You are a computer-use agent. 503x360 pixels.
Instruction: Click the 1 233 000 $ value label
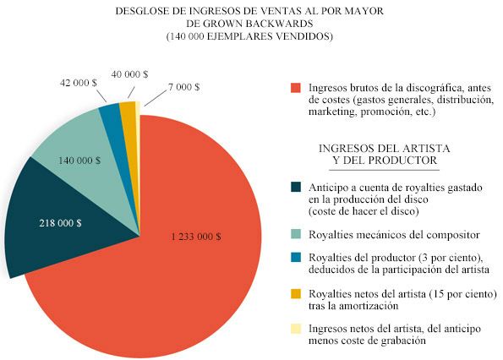coord(196,237)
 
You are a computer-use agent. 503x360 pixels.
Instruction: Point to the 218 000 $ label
coord(60,223)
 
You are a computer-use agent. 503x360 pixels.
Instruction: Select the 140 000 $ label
coord(79,161)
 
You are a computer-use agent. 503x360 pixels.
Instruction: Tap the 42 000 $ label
coord(79,83)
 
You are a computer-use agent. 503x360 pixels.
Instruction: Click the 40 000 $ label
coord(129,74)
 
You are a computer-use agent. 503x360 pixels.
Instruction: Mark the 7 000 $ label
coord(183,87)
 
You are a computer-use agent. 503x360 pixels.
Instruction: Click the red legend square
coord(296,88)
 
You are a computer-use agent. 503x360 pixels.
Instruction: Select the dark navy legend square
coord(296,188)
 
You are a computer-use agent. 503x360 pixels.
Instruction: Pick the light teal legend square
coord(296,234)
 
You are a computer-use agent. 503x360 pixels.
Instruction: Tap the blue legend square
coord(296,258)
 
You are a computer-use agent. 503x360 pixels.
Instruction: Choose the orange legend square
coord(296,293)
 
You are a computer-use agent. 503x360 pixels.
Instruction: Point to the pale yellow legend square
coord(296,329)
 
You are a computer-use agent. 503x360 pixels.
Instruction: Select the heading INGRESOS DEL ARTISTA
coord(385,149)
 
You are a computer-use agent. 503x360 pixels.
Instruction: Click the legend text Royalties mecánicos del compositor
coord(394,235)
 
